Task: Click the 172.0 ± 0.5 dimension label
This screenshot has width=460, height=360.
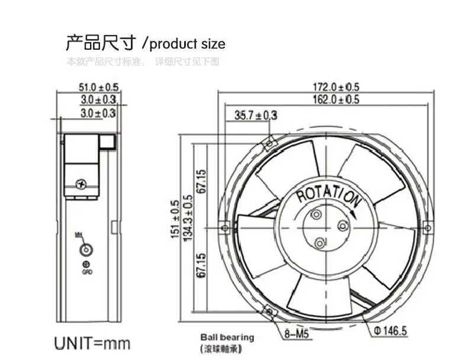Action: [x=336, y=88]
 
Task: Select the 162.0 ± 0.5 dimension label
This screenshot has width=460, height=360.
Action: [x=336, y=99]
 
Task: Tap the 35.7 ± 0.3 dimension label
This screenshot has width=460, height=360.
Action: [x=256, y=115]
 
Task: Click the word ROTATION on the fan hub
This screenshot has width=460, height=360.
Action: [x=327, y=194]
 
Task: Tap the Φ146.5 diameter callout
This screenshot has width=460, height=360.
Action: [x=391, y=330]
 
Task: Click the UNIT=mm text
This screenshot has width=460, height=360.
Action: [x=92, y=343]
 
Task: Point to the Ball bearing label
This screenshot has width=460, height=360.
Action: [x=227, y=337]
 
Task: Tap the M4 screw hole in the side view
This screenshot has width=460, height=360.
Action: [x=86, y=249]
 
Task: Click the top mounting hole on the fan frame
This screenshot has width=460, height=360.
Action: [x=269, y=143]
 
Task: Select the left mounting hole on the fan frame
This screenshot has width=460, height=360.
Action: [x=224, y=227]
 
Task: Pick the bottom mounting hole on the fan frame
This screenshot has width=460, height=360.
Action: [x=269, y=311]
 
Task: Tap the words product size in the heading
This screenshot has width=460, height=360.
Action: [x=188, y=44]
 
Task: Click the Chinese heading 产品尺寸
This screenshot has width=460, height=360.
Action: [x=101, y=43]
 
